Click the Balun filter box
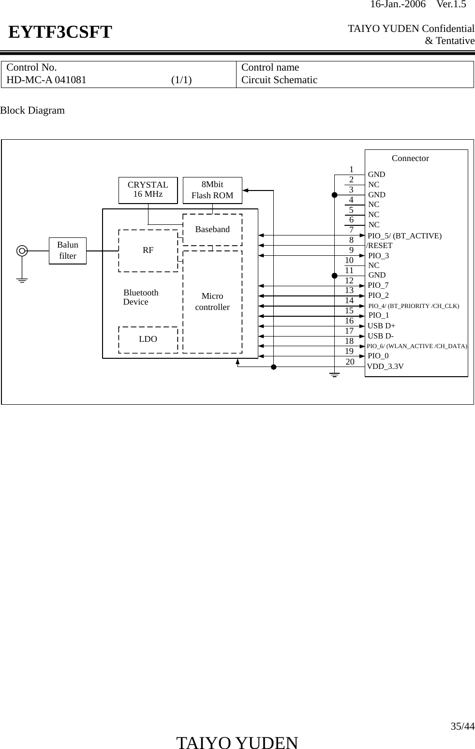coord(67,250)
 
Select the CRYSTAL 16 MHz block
coord(148,190)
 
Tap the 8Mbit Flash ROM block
coord(212,190)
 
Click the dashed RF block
coord(148,250)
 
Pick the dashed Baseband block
coord(212,229)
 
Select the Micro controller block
coord(212,301)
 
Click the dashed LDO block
coord(148,339)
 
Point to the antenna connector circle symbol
coord(22,250)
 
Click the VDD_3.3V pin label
coord(386,367)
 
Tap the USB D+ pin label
coord(381,326)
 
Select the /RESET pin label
coord(380,246)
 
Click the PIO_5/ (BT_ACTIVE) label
coord(404,236)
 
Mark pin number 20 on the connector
coord(350,362)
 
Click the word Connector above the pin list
coord(410,158)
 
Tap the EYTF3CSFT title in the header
coord(60,32)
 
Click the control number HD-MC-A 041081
coord(46,80)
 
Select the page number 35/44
coord(462,726)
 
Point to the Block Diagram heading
coord(32,110)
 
